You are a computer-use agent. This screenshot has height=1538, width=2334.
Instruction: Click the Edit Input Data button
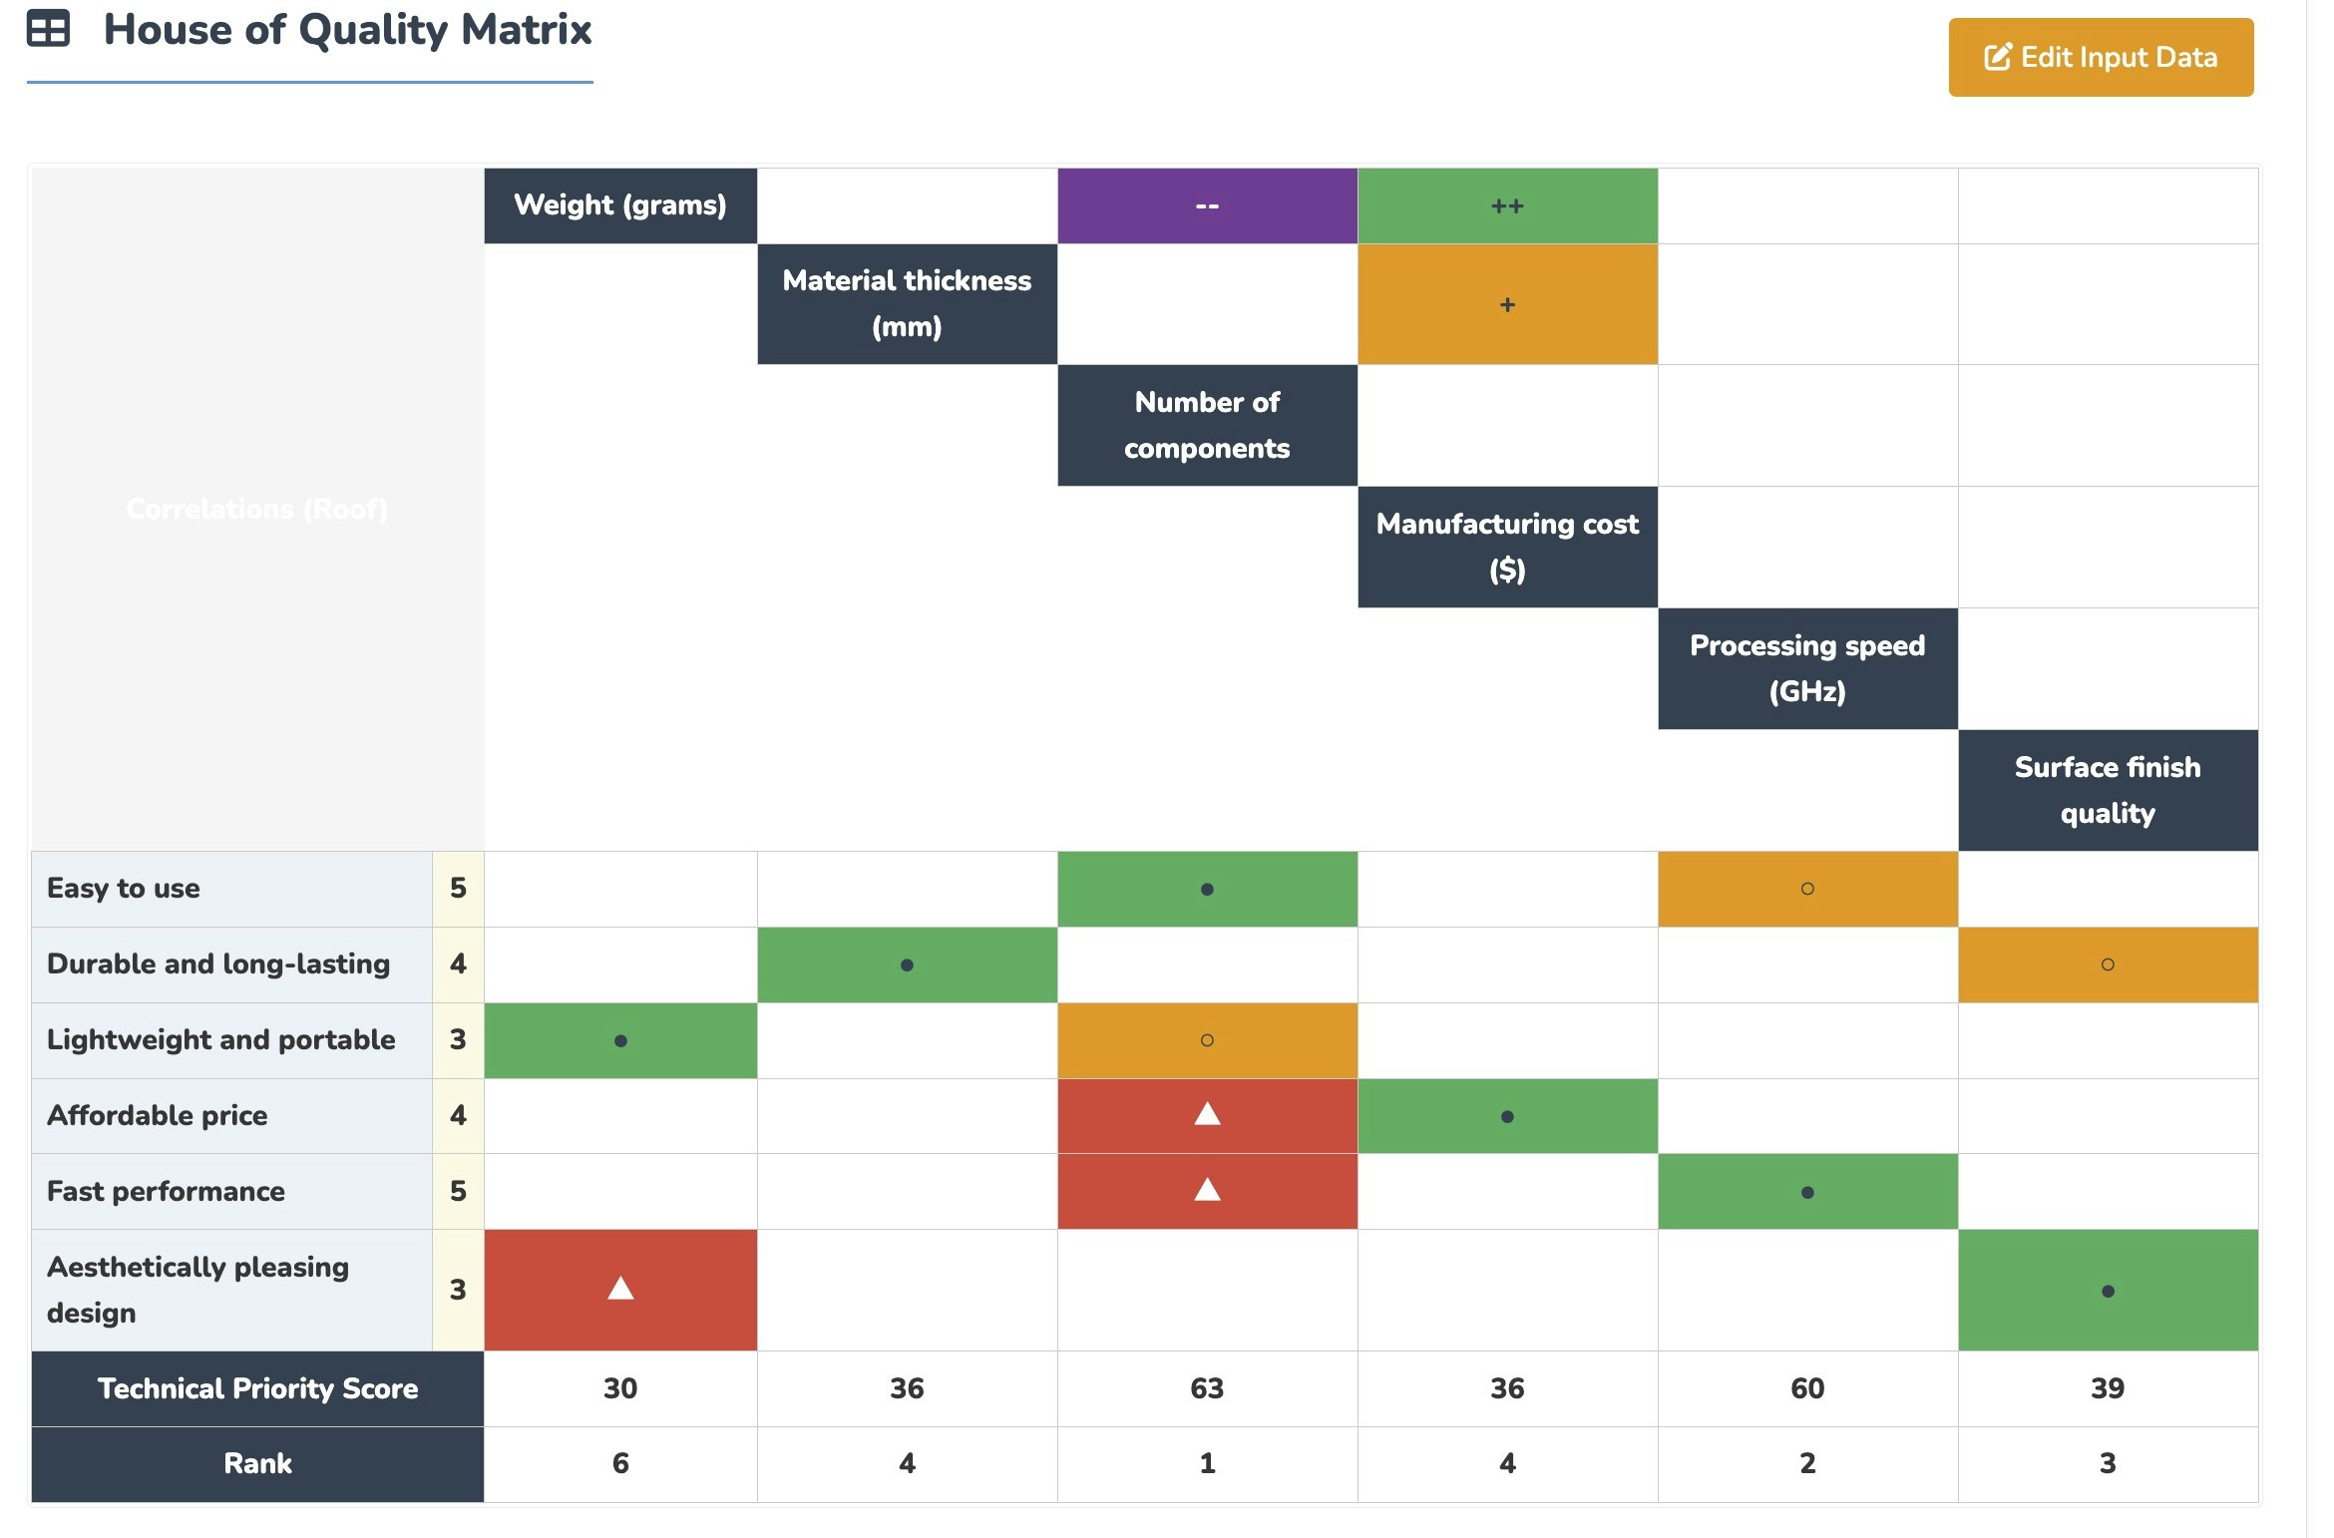(2100, 57)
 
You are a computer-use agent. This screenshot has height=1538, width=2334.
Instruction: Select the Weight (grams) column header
(619, 205)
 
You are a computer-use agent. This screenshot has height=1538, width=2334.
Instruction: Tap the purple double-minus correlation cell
(1206, 205)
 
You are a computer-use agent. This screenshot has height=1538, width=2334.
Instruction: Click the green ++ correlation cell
(1506, 205)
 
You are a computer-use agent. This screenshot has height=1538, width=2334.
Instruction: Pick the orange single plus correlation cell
(1506, 304)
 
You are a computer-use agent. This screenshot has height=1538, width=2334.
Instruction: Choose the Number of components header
(1206, 425)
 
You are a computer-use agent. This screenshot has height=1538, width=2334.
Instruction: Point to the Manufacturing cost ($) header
(1506, 547)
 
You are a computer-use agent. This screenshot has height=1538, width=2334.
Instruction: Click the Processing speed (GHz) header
(1806, 668)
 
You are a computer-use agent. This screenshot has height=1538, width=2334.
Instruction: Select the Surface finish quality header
(2107, 790)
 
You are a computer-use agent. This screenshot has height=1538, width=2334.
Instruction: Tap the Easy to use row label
(124, 888)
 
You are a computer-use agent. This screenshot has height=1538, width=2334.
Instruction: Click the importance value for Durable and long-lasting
(458, 963)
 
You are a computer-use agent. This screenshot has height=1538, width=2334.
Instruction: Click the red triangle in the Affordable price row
(1206, 1115)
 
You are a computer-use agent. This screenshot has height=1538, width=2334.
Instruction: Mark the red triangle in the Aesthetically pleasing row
(619, 1289)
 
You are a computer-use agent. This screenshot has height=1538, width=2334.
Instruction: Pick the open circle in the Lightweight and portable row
(1206, 1040)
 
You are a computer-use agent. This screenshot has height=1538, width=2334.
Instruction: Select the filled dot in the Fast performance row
(1806, 1192)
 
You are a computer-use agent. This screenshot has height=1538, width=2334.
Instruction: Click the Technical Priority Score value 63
(1206, 1387)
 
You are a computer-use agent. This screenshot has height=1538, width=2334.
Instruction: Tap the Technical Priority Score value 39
(2107, 1387)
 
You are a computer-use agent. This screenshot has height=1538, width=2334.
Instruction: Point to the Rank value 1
(1206, 1463)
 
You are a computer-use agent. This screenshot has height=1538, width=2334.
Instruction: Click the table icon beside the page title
(48, 29)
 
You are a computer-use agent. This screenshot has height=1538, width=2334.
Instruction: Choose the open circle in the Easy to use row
(1806, 889)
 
